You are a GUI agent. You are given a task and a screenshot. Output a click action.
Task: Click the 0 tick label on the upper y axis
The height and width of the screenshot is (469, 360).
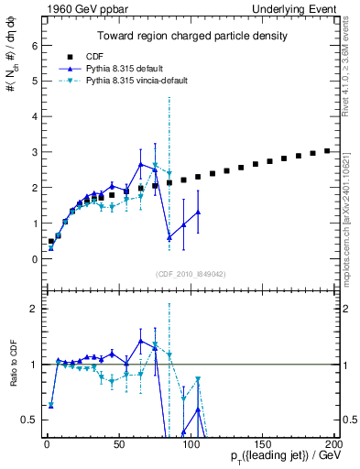coord(32,259)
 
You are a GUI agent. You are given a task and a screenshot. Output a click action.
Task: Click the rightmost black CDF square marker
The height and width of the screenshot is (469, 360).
coord(327,151)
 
